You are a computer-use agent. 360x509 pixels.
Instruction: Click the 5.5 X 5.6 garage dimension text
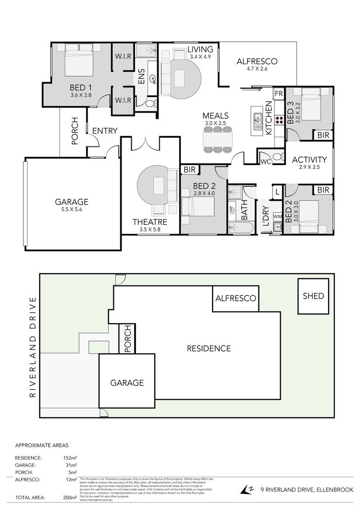[72, 210]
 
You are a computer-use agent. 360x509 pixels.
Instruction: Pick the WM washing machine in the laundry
[277, 217]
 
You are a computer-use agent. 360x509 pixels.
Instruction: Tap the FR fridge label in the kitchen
[278, 94]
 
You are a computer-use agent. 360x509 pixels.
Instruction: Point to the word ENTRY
[105, 131]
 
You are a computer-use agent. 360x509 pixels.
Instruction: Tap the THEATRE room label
[150, 222]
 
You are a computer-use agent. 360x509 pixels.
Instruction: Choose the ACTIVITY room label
[309, 160]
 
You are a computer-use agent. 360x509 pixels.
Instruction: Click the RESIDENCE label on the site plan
[209, 348]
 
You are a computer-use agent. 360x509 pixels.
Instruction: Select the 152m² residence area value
[71, 458]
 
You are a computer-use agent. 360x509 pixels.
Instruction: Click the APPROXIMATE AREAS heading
[41, 446]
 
